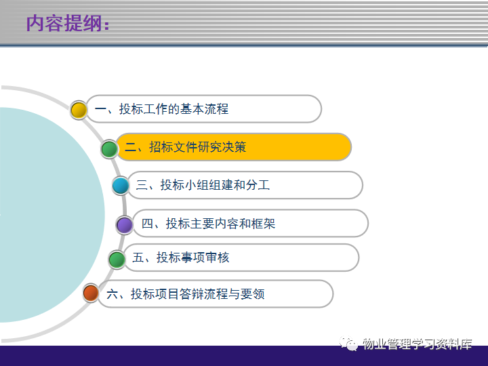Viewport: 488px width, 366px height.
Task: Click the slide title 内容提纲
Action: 64,23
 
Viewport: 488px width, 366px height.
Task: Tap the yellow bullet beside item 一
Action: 79,110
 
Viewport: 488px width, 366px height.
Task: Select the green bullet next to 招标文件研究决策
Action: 109,149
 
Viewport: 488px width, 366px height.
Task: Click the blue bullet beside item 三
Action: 121,186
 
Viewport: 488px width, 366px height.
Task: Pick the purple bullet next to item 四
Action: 125,225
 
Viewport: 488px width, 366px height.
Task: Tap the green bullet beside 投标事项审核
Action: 117,260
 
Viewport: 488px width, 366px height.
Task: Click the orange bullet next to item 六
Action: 91,293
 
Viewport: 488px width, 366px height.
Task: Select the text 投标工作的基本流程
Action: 174,109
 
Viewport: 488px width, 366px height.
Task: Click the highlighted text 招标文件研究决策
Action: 198,147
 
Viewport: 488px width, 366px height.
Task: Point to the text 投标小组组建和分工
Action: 215,185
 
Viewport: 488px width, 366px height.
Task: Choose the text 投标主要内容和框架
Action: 221,224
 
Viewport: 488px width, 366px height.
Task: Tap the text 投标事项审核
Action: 193,258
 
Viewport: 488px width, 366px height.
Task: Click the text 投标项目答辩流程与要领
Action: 198,293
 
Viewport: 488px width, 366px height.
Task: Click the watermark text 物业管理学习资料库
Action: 418,344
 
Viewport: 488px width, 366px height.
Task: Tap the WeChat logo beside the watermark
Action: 348,344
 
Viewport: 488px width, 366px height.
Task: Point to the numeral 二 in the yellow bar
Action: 130,147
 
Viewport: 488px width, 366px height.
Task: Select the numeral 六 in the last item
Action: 112,293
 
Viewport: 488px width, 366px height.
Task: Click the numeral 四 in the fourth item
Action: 147,224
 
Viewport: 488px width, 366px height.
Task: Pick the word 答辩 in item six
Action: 192,293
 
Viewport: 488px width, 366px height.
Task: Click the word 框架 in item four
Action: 263,224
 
